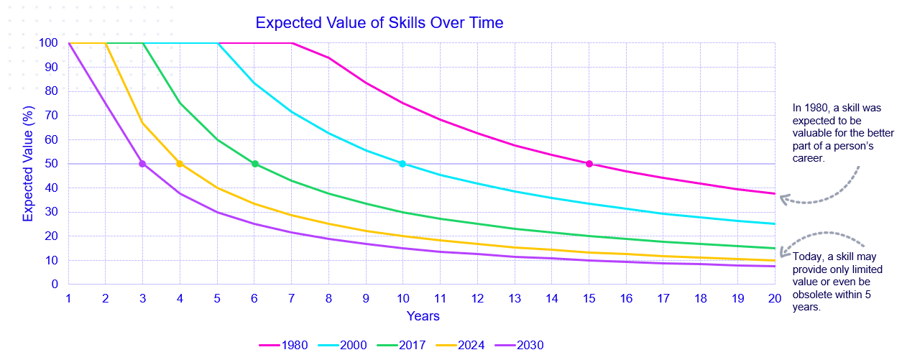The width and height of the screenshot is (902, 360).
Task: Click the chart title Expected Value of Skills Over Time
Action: [379, 23]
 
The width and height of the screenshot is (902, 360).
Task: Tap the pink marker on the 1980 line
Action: [589, 164]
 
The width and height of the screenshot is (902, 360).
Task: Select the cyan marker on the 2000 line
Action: [402, 164]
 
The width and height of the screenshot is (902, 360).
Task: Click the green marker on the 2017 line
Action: [254, 164]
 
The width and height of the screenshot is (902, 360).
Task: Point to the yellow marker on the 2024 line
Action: [180, 164]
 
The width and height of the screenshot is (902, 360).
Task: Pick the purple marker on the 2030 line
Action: [142, 164]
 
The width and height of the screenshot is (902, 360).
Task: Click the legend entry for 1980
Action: [284, 346]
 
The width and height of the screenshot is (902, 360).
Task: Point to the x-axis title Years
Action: [423, 315]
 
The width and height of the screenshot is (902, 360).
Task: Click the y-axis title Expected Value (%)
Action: [29, 162]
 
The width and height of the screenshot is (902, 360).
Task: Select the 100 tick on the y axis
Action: [48, 43]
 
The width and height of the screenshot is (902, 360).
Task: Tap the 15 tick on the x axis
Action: [589, 297]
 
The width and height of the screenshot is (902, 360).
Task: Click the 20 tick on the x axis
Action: [775, 297]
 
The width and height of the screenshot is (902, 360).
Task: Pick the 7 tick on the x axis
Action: [292, 297]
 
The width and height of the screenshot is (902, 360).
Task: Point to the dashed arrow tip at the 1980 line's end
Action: [782, 199]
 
